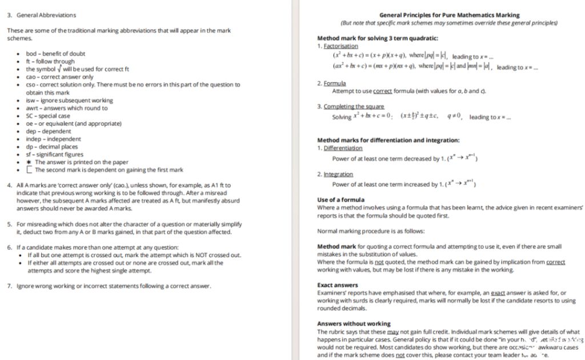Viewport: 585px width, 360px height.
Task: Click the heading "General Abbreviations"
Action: [x=46, y=15]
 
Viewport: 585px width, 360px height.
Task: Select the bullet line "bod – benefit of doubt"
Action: [x=55, y=54]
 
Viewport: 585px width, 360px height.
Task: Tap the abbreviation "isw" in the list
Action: [x=30, y=101]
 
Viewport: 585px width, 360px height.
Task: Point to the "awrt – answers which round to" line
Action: [x=66, y=108]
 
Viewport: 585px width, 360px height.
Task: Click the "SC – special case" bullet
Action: [x=48, y=116]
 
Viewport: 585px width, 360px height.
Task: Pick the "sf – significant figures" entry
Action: [x=54, y=154]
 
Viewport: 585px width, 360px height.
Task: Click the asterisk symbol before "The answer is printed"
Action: [x=29, y=162]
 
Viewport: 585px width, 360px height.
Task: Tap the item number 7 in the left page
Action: [x=9, y=286]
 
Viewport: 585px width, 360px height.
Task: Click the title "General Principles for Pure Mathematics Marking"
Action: [x=449, y=15]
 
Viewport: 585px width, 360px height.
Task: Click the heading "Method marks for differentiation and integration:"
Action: [x=388, y=140]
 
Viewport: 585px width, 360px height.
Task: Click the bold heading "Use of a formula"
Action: [x=340, y=200]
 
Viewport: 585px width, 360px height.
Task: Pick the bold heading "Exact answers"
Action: [x=337, y=285]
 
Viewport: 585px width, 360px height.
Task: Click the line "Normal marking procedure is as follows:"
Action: [x=371, y=231]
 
